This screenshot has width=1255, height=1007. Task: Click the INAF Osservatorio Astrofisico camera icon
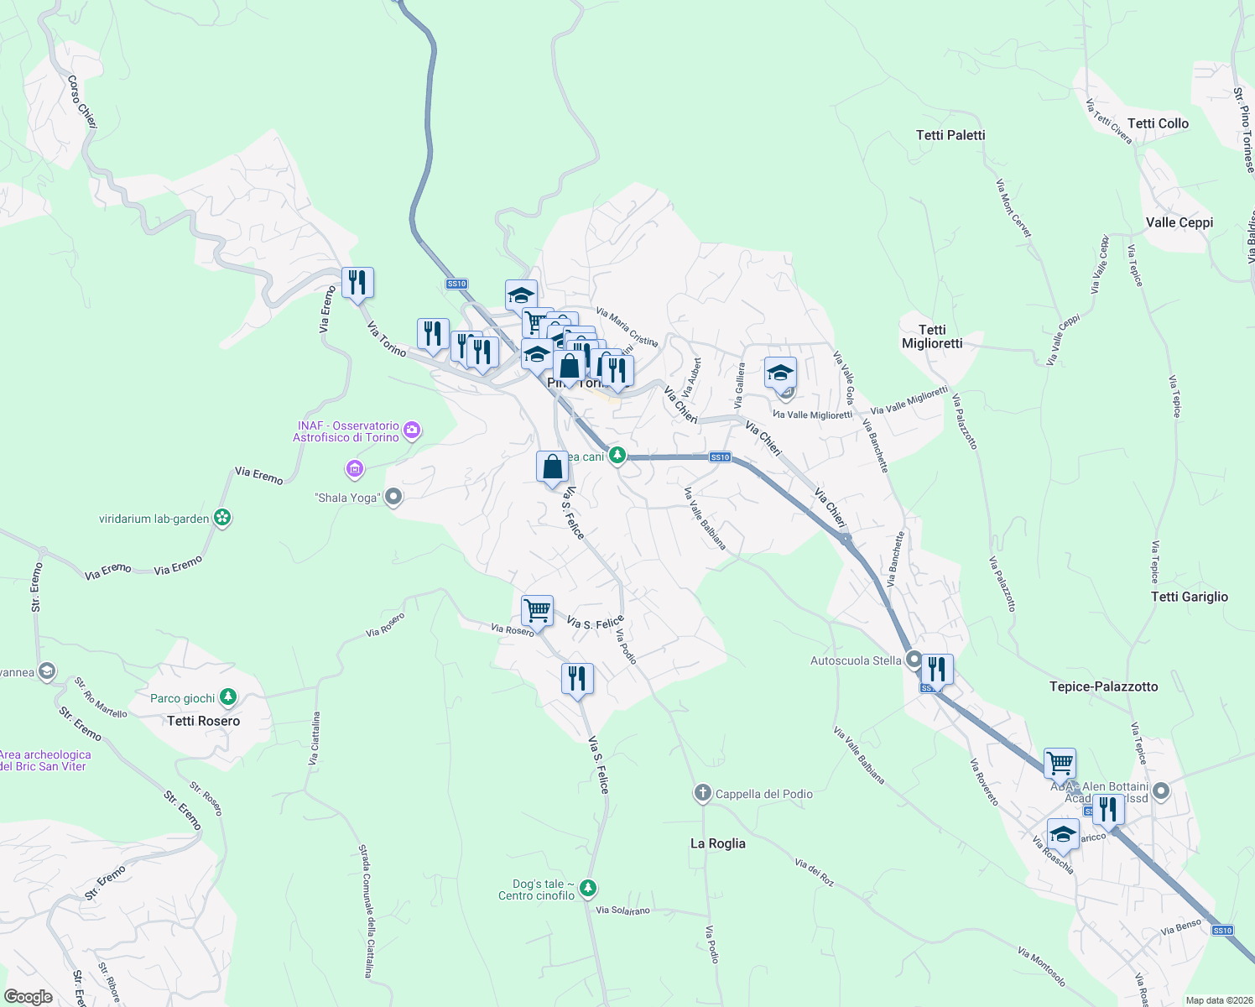(411, 430)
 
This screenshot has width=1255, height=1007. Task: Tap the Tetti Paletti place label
(950, 135)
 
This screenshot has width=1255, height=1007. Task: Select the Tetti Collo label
(1158, 123)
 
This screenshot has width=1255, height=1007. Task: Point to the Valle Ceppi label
(1179, 222)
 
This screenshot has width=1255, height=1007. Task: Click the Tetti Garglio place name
(1189, 597)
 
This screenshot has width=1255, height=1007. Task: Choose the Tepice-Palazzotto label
(1103, 686)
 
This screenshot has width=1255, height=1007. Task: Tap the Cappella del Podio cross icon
(703, 793)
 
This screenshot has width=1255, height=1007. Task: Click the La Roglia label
(717, 843)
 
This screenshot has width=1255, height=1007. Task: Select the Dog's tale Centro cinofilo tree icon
(588, 888)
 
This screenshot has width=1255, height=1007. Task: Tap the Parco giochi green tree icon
(227, 697)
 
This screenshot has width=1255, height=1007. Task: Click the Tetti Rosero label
(203, 721)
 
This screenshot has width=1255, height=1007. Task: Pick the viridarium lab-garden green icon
(222, 518)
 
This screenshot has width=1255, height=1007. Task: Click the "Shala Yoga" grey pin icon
(393, 498)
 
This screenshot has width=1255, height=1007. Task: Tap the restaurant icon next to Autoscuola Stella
(936, 669)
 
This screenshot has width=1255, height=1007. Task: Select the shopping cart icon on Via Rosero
(537, 609)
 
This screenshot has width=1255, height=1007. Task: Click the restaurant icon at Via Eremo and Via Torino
(357, 282)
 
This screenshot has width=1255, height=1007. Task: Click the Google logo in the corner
(29, 996)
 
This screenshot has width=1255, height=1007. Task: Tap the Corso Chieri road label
(82, 102)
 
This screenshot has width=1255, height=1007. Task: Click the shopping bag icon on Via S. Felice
(552, 466)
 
